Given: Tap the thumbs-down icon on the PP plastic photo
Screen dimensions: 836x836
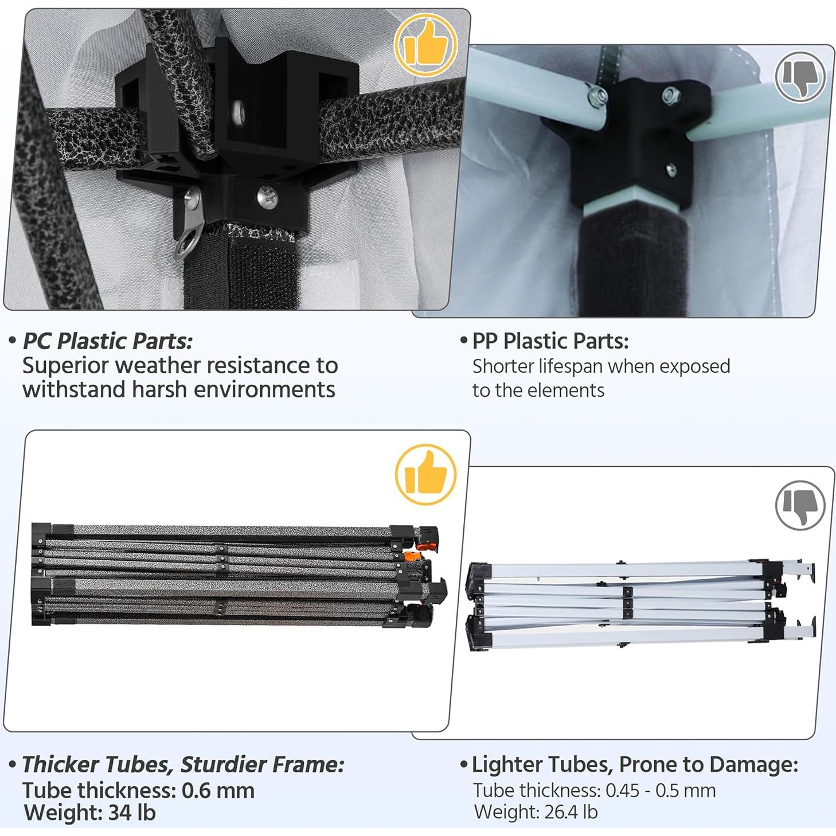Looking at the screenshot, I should pyautogui.click(x=800, y=76).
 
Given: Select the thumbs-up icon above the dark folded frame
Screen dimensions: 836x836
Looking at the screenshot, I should pyautogui.click(x=425, y=475).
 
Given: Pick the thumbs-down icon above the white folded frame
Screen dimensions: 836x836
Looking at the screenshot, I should pyautogui.click(x=800, y=505).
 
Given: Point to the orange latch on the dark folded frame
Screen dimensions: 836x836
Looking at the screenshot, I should pyautogui.click(x=411, y=556).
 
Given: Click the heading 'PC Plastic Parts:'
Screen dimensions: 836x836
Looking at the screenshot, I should pyautogui.click(x=107, y=341).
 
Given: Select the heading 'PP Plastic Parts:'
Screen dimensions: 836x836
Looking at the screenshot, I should pyautogui.click(x=550, y=341).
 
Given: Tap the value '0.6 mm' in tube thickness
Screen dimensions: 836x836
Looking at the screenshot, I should pyautogui.click(x=218, y=791).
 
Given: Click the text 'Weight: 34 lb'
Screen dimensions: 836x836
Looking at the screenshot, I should pyautogui.click(x=89, y=813).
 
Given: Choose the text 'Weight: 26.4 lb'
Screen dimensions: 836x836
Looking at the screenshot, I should pyautogui.click(x=536, y=812).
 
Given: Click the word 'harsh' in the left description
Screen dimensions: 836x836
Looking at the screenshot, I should pyautogui.click(x=157, y=390).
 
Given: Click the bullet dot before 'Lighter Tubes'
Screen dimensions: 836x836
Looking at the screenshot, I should pyautogui.click(x=464, y=764).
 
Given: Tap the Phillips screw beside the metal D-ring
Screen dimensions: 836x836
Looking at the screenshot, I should pyautogui.click(x=267, y=197).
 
